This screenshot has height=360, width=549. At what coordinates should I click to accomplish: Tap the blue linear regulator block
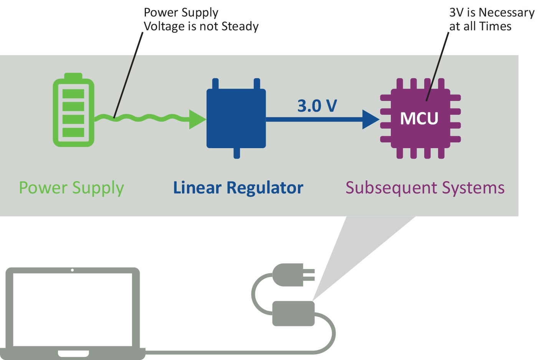tap(236, 118)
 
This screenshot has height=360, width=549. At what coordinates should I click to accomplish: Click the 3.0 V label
tap(317, 106)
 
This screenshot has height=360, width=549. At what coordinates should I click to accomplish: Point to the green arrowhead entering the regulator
tap(197, 119)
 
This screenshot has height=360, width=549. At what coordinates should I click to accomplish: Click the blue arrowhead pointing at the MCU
tap(370, 119)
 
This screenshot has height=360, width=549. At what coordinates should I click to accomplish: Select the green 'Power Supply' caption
tap(71, 188)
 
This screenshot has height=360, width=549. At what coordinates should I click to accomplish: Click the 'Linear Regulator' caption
tap(238, 188)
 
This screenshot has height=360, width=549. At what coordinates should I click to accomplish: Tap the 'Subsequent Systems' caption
tap(425, 188)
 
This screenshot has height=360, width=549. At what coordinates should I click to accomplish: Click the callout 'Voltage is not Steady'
tap(201, 26)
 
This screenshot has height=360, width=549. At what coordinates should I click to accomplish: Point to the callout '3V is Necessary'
tap(492, 13)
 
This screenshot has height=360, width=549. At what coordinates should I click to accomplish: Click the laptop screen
tap(73, 309)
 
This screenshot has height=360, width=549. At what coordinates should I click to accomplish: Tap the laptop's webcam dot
tap(72, 270)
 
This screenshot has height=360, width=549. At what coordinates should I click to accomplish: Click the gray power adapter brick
tap(293, 314)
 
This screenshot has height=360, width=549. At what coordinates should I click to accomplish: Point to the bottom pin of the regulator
tap(237, 153)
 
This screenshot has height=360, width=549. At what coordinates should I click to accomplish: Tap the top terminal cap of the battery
tap(73, 76)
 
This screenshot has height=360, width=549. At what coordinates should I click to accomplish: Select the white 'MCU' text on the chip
tap(419, 119)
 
